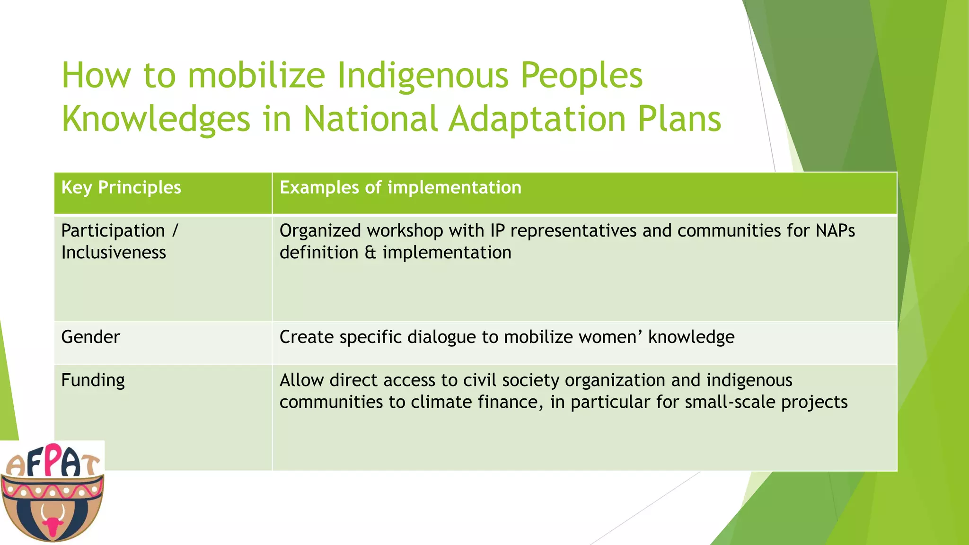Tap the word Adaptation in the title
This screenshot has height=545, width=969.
tap(537, 119)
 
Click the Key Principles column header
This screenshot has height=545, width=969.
tap(121, 188)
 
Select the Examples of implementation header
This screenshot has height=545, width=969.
tap(400, 188)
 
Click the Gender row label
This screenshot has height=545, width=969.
tap(90, 337)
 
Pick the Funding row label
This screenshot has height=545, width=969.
tap(93, 380)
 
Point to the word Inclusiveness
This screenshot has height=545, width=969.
tap(114, 253)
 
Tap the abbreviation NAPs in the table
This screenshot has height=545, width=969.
tap(835, 231)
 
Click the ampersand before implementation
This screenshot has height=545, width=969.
tap(370, 253)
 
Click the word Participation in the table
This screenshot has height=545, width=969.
tap(113, 231)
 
